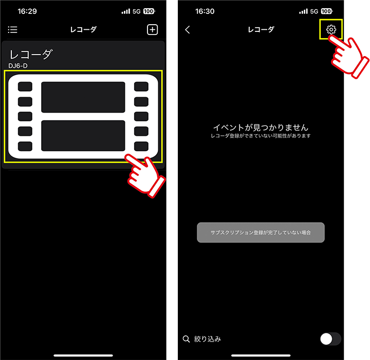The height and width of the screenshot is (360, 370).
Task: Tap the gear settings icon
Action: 331,29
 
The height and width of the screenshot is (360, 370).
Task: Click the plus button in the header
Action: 153,29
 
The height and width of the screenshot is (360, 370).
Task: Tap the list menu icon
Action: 12,29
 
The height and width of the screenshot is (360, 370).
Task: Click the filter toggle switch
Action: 330,339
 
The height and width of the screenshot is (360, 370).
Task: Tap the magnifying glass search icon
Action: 186,339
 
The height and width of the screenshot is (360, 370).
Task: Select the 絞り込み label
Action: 208,339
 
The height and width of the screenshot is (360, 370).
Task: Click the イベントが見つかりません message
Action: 261,128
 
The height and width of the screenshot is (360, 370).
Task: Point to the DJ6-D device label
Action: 18,66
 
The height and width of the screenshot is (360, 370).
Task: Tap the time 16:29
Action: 27,11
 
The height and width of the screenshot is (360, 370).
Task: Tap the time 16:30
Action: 205,11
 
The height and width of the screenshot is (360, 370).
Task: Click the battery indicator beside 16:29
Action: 149,11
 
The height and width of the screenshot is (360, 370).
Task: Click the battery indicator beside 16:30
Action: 327,11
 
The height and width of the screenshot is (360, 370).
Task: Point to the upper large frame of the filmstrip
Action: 83,97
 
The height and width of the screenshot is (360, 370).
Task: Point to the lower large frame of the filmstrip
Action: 83,136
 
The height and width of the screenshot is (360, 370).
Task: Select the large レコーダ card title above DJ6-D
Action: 31,55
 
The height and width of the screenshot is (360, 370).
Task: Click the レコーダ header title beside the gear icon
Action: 261,29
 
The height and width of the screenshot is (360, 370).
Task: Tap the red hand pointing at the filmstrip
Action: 145,176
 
